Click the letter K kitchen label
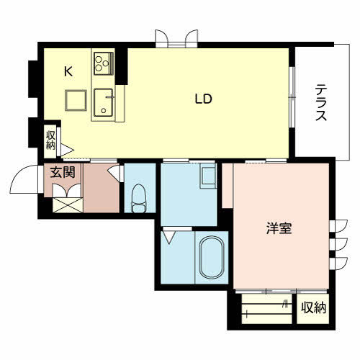[68, 71]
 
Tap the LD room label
[204, 99]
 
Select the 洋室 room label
[279, 228]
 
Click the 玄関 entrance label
[63, 172]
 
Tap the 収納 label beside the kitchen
[50, 140]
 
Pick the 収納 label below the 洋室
[313, 307]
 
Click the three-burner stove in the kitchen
[104, 63]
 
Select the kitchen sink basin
[103, 102]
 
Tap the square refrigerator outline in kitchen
[76, 100]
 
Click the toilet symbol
[139, 198]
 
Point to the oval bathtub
[212, 257]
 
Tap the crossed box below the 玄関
[68, 205]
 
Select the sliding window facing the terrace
[292, 97]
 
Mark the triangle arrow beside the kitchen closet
[67, 150]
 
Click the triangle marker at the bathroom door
[169, 237]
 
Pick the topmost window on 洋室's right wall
[338, 226]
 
